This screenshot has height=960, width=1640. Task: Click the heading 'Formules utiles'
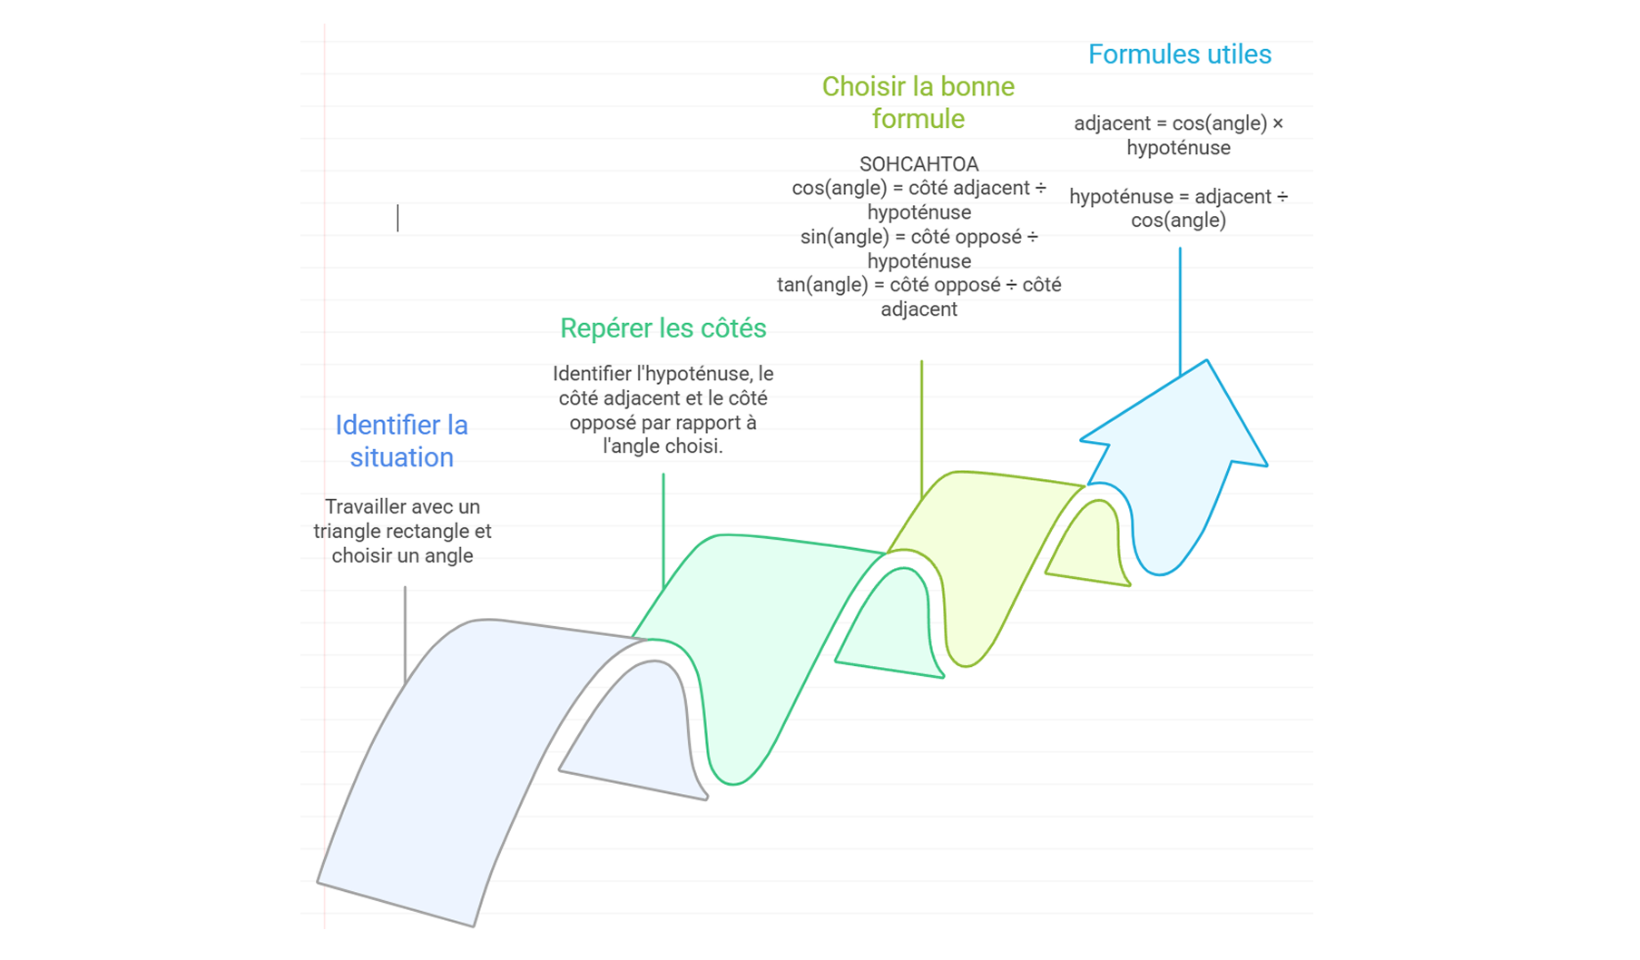pos(1179,54)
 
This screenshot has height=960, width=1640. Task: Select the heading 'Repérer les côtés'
pos(663,328)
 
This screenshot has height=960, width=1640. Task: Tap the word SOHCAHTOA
pos(918,164)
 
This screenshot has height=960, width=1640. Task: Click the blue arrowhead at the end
pos(1180,426)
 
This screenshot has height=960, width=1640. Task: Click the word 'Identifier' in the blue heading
pos(378,426)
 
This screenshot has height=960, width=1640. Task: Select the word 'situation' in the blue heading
pos(401,457)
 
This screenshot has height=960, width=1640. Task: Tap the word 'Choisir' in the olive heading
pos(861,87)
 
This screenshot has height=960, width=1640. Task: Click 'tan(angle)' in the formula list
pos(820,285)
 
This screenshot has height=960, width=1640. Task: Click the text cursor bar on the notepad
pos(398,218)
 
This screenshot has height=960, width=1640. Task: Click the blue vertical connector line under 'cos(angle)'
pos(1180,309)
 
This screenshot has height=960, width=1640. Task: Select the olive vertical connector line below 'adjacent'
pos(921,426)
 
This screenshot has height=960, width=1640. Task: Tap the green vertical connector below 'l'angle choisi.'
pos(663,526)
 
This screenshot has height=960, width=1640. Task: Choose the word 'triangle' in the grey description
pos(349,532)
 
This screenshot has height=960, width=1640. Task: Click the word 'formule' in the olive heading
pos(918,119)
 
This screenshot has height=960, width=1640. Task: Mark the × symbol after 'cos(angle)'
pos(1278,123)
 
